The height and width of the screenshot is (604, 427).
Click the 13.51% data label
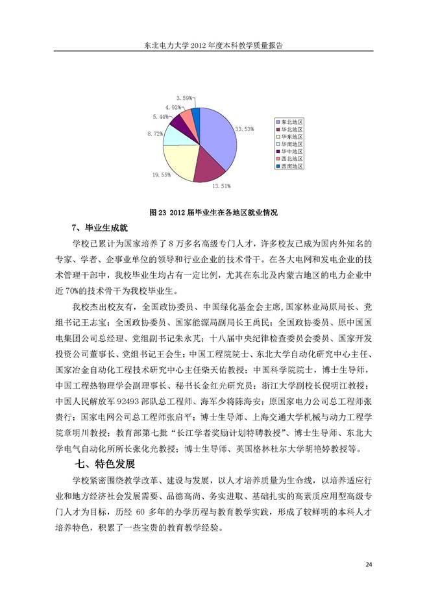point(221,187)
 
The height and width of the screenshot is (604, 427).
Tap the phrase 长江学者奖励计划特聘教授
point(229,433)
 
